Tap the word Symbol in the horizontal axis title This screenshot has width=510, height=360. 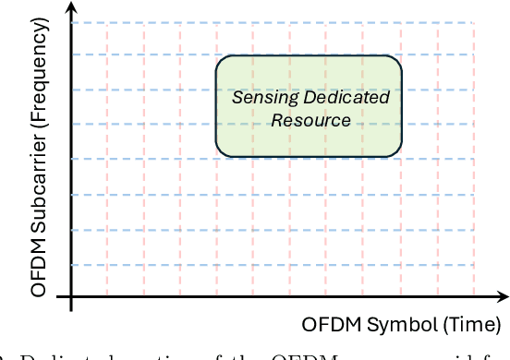coord(388,326)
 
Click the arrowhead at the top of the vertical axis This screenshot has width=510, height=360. coord(70,8)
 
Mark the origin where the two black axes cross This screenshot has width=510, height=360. coord(70,296)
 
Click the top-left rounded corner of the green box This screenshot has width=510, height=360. coord(222,64)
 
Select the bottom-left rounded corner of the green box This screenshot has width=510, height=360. coord(222,152)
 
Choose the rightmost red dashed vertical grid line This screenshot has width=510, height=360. coord(473,185)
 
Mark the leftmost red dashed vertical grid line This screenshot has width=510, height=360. coord(107,185)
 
